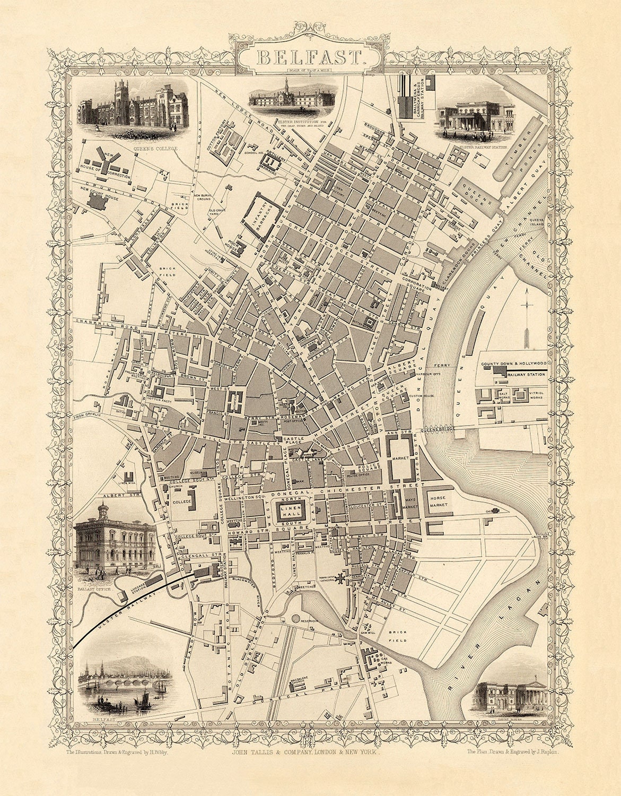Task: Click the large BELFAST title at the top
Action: tap(310, 57)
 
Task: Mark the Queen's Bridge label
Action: tap(438, 430)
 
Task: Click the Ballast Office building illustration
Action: tap(115, 542)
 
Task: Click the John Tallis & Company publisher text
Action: tap(306, 767)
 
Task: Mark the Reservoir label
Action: tap(308, 620)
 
